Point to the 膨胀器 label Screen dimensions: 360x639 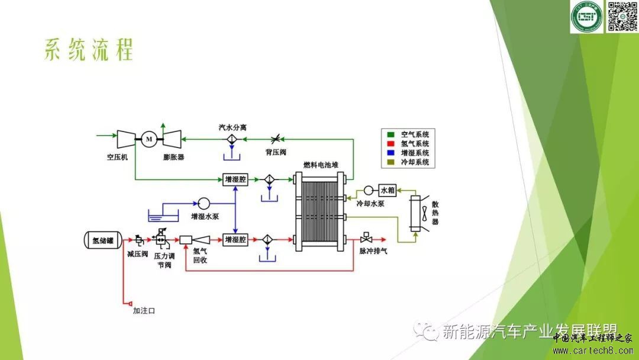coord(173,157)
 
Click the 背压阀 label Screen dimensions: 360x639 coord(276,152)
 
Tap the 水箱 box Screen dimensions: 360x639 coord(387,191)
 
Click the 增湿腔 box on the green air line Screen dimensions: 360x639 coord(235,179)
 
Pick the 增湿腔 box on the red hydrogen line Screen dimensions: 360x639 coord(235,240)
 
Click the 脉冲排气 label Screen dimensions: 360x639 coord(373,251)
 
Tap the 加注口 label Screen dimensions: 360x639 coord(143,310)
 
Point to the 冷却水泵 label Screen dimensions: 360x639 coord(370,204)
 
